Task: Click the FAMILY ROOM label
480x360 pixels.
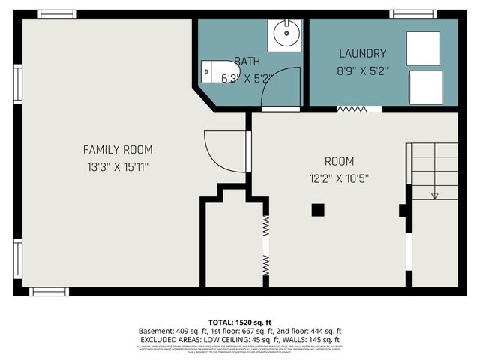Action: click(113, 149)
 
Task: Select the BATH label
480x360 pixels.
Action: click(247, 61)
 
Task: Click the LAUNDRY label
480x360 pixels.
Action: click(362, 54)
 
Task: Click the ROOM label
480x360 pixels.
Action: click(339, 161)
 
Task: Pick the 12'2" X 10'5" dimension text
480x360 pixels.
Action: click(339, 178)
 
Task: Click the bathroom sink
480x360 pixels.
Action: click(286, 34)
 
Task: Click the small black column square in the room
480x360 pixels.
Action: click(318, 209)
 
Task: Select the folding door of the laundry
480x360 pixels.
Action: click(352, 109)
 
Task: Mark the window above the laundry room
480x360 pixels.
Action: click(413, 13)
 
